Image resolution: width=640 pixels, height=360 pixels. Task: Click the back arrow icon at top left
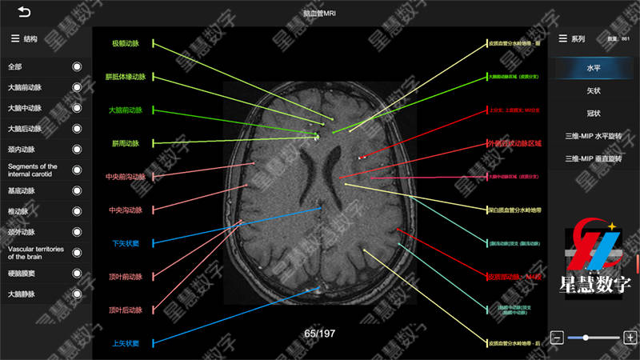pos(24,12)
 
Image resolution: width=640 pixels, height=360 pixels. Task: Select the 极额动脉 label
pos(126,43)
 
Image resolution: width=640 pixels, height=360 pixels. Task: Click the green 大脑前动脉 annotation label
pos(126,110)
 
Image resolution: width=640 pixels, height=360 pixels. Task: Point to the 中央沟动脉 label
pos(126,210)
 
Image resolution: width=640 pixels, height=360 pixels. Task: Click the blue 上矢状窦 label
pos(126,343)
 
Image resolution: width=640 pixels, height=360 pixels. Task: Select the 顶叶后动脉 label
pos(126,310)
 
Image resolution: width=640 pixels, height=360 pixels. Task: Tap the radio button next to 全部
pos(77,66)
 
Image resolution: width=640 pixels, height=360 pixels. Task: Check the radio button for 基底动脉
pos(77,191)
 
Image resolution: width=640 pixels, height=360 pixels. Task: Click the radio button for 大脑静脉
pos(77,294)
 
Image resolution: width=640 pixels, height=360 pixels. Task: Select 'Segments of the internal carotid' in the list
pos(36,170)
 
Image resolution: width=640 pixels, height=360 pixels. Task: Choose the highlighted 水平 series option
pos(593,69)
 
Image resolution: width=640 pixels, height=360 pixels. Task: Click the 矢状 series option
pos(593,91)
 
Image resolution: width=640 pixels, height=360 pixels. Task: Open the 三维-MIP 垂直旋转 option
pos(593,158)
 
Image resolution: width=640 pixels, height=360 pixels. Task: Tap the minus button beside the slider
pos(558,338)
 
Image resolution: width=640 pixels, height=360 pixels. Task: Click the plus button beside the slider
pos(630,338)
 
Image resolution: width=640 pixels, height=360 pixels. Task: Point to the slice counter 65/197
pos(320,333)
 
